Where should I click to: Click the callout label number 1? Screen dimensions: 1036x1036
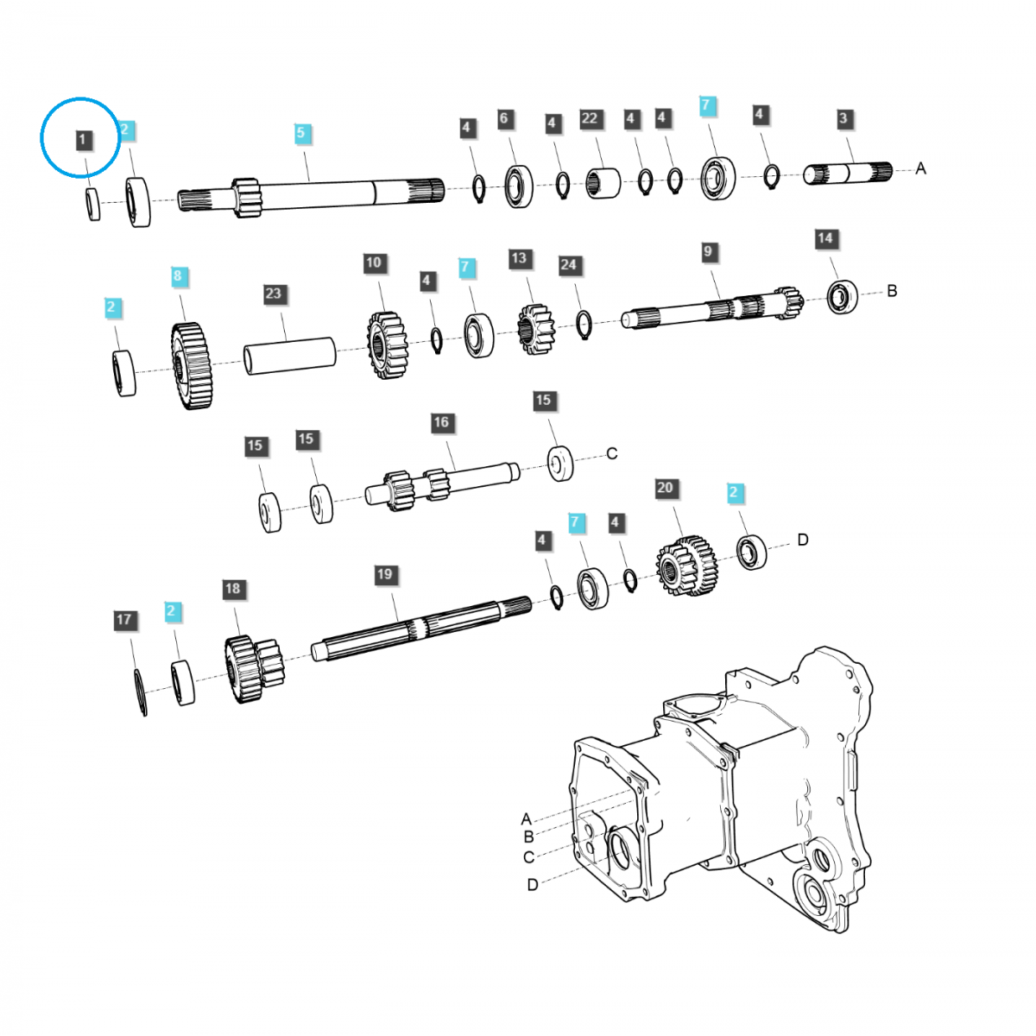click(x=82, y=139)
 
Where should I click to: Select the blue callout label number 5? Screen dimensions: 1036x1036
click(x=300, y=133)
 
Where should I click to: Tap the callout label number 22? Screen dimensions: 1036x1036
click(x=590, y=118)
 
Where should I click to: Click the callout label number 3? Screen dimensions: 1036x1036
click(x=843, y=119)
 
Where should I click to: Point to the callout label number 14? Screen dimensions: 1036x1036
click(x=825, y=238)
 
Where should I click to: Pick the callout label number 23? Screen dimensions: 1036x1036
click(x=273, y=294)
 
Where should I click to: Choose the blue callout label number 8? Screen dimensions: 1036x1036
click(x=178, y=276)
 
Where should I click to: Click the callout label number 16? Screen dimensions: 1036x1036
click(x=441, y=422)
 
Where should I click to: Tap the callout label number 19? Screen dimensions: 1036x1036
click(x=384, y=574)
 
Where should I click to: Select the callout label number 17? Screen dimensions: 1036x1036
click(x=124, y=620)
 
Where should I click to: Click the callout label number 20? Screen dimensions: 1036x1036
click(x=665, y=488)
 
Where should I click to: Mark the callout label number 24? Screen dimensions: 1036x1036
click(x=568, y=265)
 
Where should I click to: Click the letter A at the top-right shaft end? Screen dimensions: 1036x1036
click(x=920, y=168)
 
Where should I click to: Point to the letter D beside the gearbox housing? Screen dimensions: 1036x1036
click(x=533, y=885)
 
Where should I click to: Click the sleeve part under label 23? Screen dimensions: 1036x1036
click(x=289, y=356)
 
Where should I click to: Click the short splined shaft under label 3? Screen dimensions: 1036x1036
click(x=848, y=173)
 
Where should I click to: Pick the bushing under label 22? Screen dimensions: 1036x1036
click(x=603, y=182)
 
